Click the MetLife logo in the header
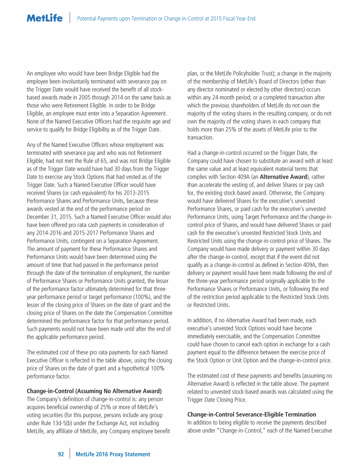pyautogui.click(x=45, y=18)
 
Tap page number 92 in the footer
pyautogui.click(x=61, y=454)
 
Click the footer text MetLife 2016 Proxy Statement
pyautogui.click(x=113, y=454)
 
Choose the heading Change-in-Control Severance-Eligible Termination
pyautogui.click(x=252, y=414)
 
